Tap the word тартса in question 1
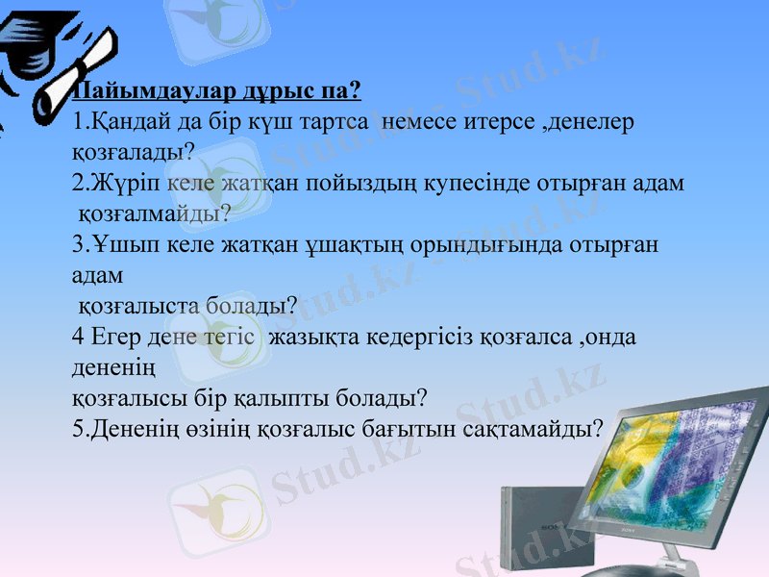(328, 123)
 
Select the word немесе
(420, 123)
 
